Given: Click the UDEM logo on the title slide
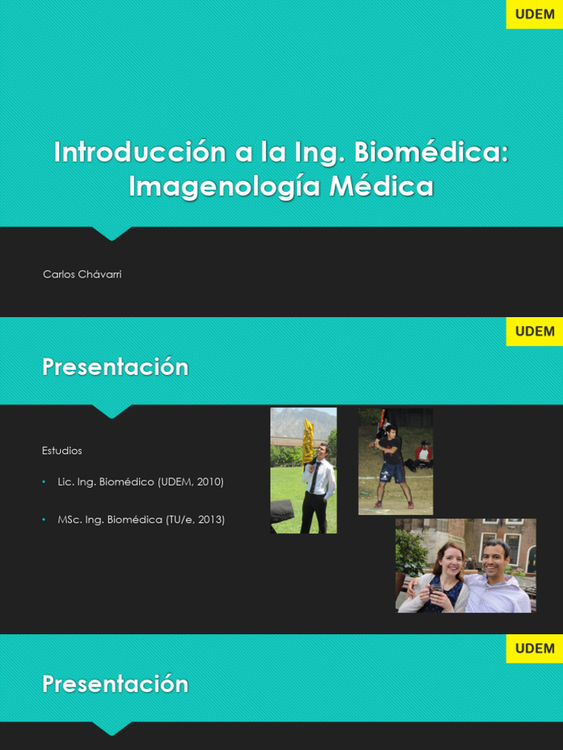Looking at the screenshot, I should (x=534, y=15).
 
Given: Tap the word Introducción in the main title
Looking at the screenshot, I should (x=140, y=152).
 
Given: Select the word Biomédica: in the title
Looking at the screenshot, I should (x=431, y=152).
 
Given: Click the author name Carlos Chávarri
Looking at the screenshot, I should (x=82, y=275).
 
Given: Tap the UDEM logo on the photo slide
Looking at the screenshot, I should (x=534, y=331).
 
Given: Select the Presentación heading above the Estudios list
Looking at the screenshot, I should (x=115, y=367).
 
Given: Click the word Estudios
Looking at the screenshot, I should (x=62, y=450).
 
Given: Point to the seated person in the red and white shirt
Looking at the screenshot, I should (x=424, y=454).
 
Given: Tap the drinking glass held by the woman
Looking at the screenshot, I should (x=437, y=592).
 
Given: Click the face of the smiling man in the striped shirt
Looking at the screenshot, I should (x=496, y=558).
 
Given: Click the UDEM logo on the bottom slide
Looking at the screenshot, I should (x=534, y=648).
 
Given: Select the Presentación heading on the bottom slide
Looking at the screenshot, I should (x=115, y=684).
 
